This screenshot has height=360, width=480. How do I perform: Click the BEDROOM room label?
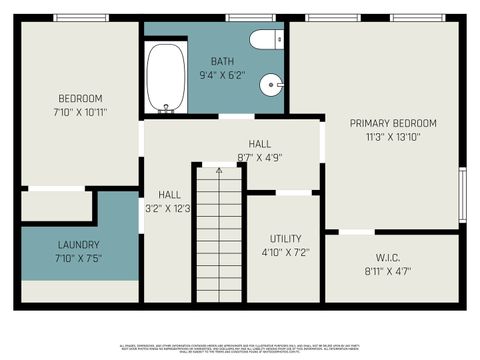tap(81, 98)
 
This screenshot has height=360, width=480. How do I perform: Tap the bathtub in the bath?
tap(166, 77)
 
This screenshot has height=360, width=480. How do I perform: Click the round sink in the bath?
tap(271, 86)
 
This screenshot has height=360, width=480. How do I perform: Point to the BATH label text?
tap(222, 61)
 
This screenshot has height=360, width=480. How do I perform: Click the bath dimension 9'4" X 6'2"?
tap(222, 75)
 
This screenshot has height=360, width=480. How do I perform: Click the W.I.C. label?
tap(389, 257)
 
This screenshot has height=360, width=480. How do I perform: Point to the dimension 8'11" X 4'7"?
tap(389, 270)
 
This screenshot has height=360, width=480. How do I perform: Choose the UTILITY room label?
tap(285, 238)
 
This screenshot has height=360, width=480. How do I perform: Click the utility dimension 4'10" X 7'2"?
tap(285, 252)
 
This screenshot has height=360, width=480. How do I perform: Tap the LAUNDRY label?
tap(79, 245)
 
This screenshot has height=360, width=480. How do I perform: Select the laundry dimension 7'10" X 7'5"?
tap(79, 259)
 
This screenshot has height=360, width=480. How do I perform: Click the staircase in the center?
tap(218, 235)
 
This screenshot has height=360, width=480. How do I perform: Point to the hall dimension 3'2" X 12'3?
tap(169, 208)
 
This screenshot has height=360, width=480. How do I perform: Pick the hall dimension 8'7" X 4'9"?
tap(259, 156)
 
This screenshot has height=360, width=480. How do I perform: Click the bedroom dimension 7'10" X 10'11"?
tap(81, 112)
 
